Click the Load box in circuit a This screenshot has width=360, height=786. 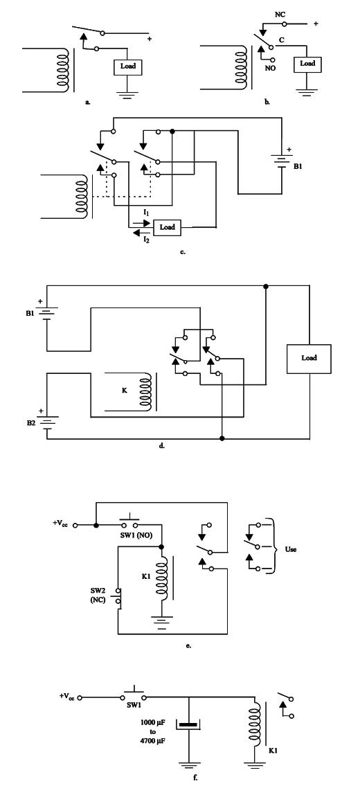pos(128,66)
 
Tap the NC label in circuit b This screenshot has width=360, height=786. pos(280,15)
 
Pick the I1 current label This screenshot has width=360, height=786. pos(146,213)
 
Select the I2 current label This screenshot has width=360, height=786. pos(146,240)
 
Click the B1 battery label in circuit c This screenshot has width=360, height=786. pos(297,166)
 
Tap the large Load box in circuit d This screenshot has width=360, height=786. pos(309,359)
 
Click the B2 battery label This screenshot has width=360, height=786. pos(31,423)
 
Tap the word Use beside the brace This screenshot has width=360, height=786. pos(291,549)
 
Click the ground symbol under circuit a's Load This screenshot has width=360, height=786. pos(128,93)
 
